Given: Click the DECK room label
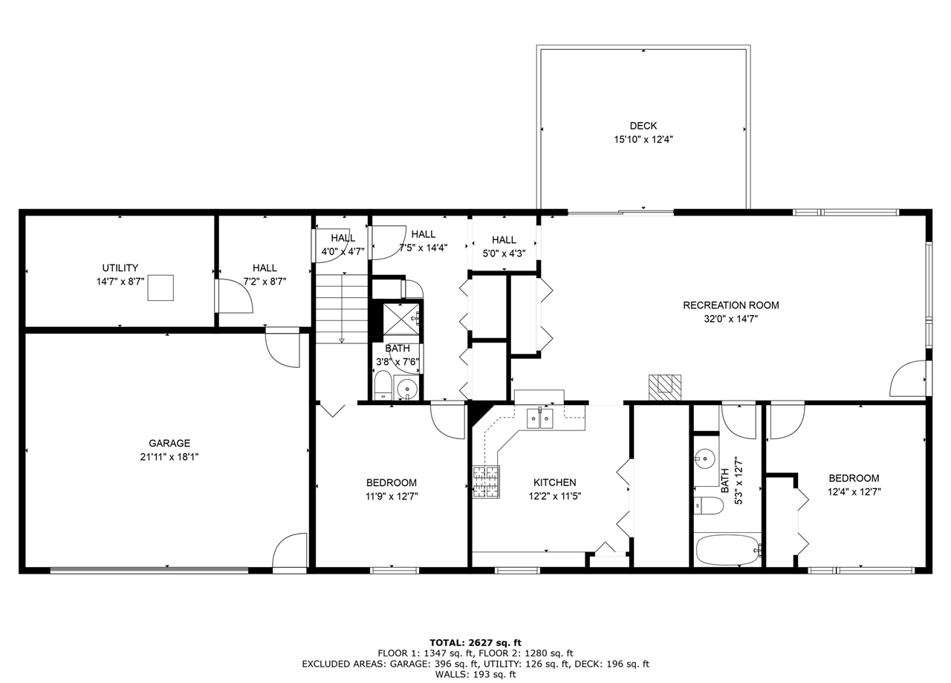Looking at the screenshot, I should pyautogui.click(x=643, y=126).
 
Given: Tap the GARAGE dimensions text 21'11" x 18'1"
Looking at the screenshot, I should pyautogui.click(x=169, y=456).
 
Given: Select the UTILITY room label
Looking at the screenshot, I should pyautogui.click(x=120, y=268).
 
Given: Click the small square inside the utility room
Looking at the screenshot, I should pyautogui.click(x=160, y=288).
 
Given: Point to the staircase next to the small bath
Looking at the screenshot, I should pyautogui.click(x=342, y=308).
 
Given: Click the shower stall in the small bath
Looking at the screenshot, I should pyautogui.click(x=400, y=319).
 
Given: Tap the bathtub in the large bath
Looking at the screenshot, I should pyautogui.click(x=727, y=550).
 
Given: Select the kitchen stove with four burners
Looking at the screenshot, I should pyautogui.click(x=487, y=481).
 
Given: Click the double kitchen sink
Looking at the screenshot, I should pyautogui.click(x=540, y=419).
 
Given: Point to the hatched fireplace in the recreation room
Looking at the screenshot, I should pyautogui.click(x=664, y=387).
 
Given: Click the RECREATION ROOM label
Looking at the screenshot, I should pyautogui.click(x=731, y=305).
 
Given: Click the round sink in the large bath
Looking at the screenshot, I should pyautogui.click(x=705, y=457).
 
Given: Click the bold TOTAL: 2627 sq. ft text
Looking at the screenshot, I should pyautogui.click(x=475, y=642).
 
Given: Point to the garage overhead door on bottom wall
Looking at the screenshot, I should pyautogui.click(x=149, y=570).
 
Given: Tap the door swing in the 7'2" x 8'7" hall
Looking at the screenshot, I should pyautogui.click(x=236, y=297).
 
